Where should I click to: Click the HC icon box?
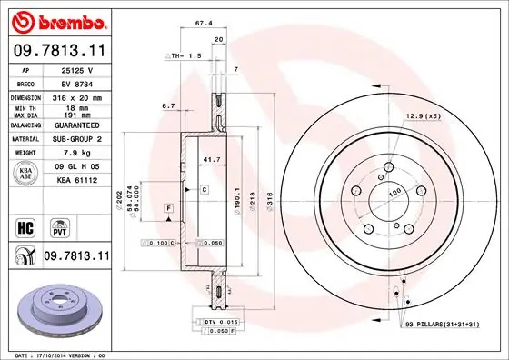pyautogui.click(x=25, y=226)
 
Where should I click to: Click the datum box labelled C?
pyautogui.click(x=205, y=189)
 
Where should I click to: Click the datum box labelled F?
pyautogui.click(x=168, y=209)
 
